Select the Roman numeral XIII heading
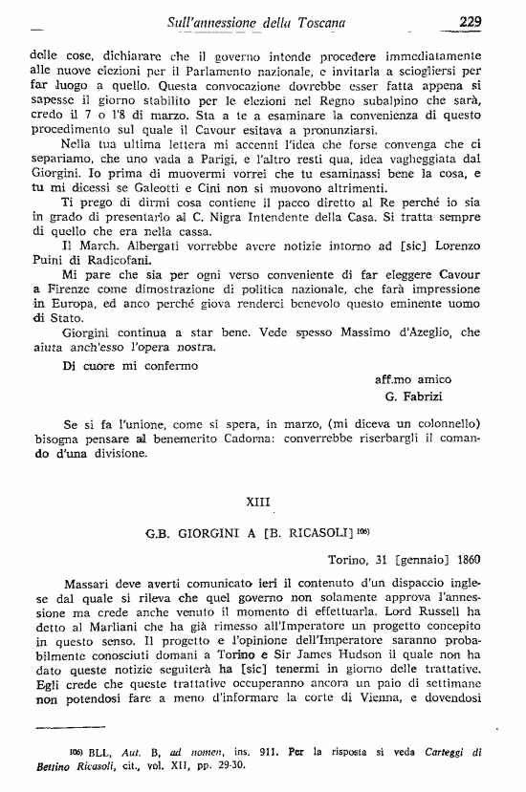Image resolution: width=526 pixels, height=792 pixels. (263, 500)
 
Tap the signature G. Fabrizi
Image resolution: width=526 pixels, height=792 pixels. (416, 396)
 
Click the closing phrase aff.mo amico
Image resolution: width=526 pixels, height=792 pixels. (412, 379)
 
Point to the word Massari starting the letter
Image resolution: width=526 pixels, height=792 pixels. (91, 582)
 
